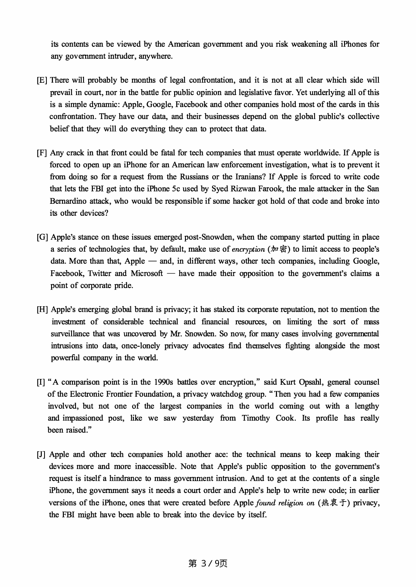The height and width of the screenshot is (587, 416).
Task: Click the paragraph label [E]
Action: (x=42, y=80)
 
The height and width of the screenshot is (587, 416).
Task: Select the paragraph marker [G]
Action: (x=43, y=237)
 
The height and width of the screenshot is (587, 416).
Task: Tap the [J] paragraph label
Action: (x=41, y=455)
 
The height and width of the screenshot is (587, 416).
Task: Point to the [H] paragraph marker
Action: (x=43, y=310)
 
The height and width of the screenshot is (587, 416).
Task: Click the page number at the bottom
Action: (x=208, y=563)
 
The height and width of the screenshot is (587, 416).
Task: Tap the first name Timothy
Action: (x=256, y=418)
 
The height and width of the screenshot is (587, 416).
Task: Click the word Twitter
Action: (x=99, y=273)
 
